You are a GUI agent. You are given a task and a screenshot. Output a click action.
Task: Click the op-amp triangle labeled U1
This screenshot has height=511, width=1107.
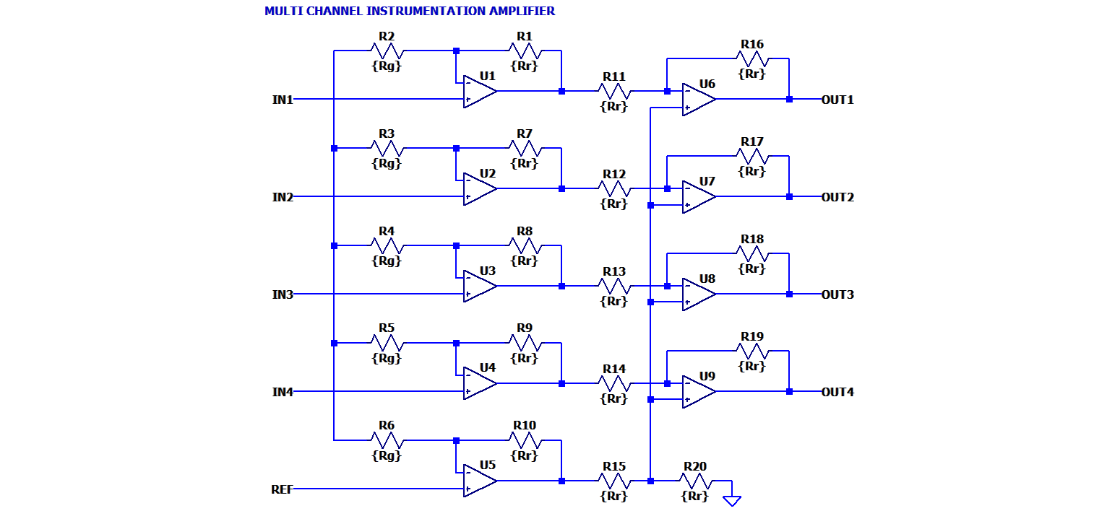point(479,92)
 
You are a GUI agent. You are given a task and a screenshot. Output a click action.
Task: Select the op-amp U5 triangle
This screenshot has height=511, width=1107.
point(479,481)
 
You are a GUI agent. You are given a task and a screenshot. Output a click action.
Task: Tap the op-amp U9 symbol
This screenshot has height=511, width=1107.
point(698,391)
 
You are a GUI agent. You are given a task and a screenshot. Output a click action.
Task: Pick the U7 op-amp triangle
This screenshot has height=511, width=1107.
point(698,196)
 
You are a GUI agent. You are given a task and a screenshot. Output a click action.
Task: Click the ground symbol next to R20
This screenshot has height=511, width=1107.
point(732,499)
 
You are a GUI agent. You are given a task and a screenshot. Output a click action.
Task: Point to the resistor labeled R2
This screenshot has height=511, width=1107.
point(387,51)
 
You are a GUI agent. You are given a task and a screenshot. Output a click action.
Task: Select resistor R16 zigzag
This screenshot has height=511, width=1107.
point(752,59)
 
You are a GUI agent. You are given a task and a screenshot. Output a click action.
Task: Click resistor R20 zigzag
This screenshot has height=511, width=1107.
point(695,481)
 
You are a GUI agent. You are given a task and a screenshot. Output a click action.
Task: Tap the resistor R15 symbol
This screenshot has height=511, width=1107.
point(614,481)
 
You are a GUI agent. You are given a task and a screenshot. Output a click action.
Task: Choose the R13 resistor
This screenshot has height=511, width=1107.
point(614,287)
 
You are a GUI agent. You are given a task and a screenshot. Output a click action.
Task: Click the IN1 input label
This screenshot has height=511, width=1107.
point(283,100)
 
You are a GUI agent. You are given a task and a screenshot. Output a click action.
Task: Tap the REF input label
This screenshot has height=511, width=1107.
point(283,489)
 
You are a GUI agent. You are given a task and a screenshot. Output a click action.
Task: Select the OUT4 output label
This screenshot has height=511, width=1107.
point(837,392)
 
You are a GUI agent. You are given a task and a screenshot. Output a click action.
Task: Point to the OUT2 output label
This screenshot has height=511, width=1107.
point(837,197)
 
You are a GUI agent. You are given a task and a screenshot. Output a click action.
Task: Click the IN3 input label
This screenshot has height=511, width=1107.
point(283,294)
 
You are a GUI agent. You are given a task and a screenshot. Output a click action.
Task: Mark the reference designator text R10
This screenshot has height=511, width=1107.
point(525,425)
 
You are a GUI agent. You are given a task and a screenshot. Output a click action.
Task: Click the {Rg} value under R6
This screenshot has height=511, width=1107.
point(387,455)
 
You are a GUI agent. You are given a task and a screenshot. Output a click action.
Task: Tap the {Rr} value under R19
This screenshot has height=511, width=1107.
point(752,366)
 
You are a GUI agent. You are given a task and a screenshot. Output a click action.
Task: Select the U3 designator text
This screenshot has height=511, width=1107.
point(488,271)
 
